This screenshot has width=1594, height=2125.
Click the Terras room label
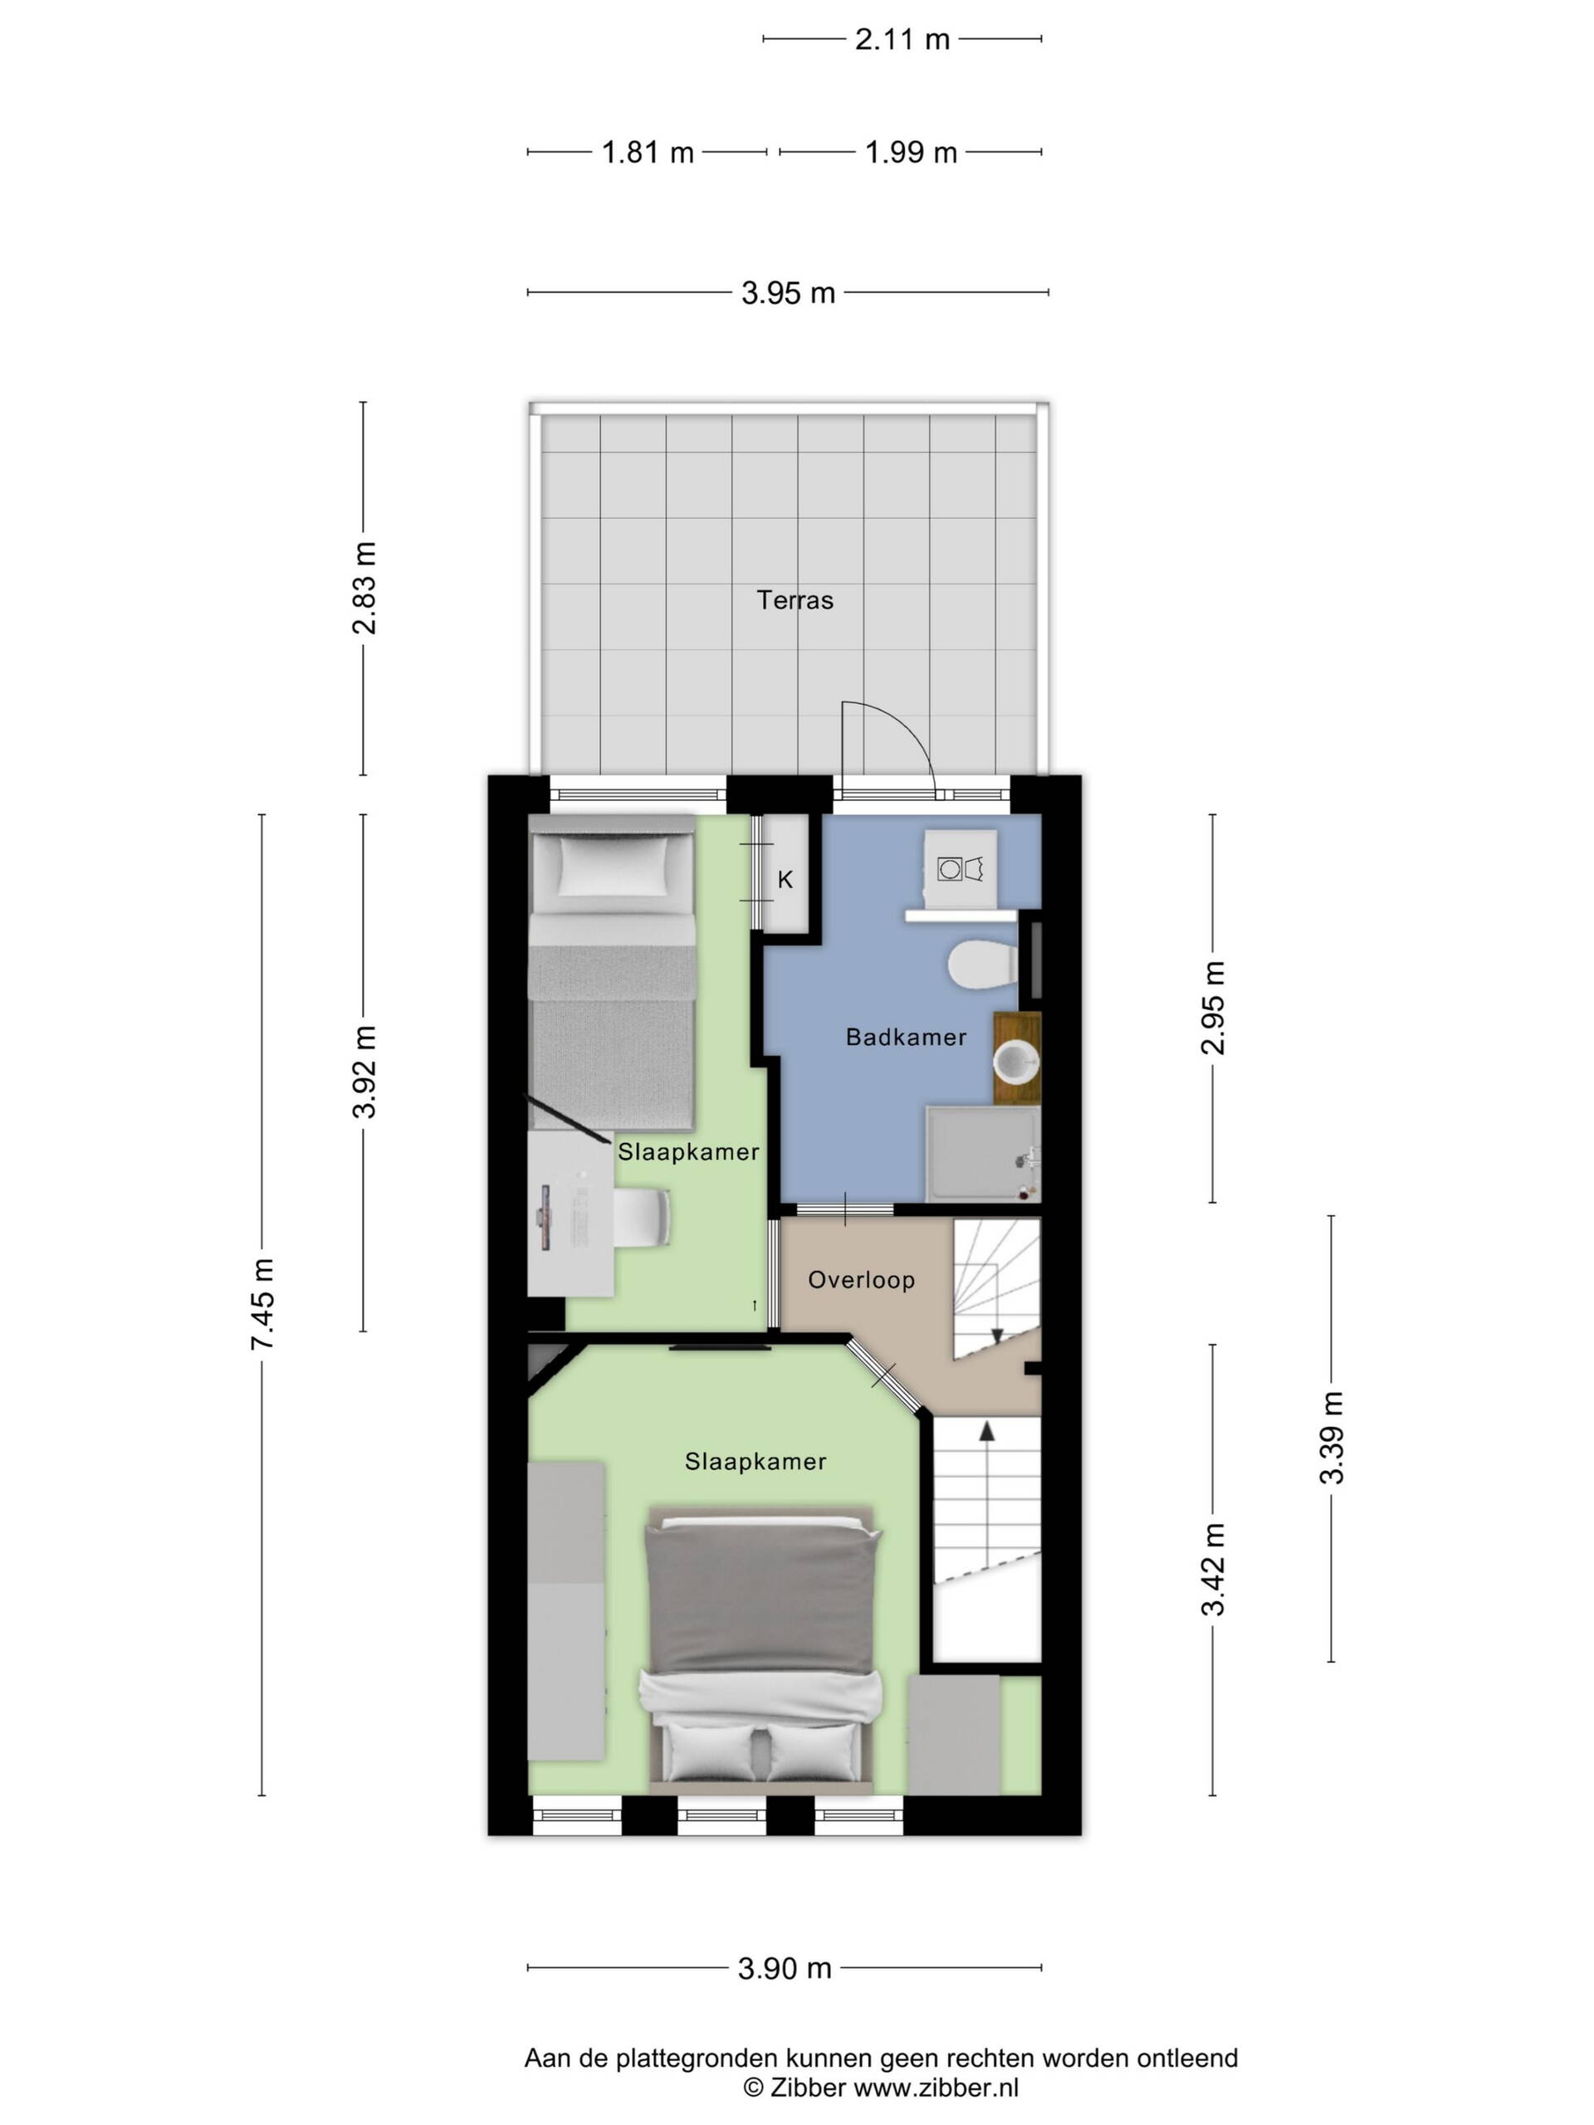tap(795, 600)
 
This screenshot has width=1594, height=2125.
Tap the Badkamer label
tap(905, 1037)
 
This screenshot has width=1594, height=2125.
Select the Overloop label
tap(861, 1280)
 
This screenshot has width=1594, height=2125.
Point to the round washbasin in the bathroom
tap(1015, 1062)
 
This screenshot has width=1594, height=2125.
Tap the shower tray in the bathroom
tap(982, 1152)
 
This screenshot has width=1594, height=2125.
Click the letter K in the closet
tap(785, 879)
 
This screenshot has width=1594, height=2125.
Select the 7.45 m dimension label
tap(262, 1303)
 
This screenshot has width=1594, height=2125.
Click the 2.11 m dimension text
tap(902, 39)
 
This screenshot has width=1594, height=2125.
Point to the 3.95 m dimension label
tap(788, 293)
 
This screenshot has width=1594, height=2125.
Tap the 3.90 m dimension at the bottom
tap(784, 1968)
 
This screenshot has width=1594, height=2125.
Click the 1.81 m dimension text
tap(648, 153)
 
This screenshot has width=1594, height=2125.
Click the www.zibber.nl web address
tap(936, 2087)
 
